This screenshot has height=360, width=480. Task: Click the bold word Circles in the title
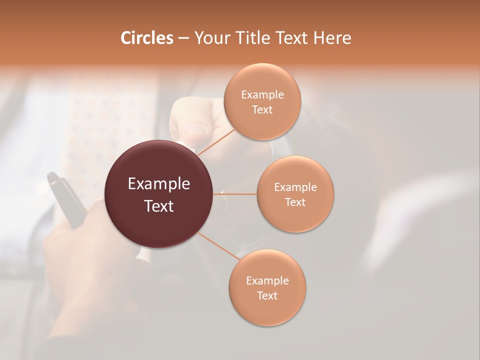click(x=146, y=38)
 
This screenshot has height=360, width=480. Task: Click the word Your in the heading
click(x=212, y=38)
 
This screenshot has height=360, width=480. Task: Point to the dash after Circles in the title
click(x=183, y=38)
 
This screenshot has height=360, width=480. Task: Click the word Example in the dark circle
click(x=159, y=184)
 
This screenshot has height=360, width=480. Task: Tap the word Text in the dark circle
click(x=159, y=206)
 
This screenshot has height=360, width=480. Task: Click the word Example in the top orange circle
click(x=262, y=95)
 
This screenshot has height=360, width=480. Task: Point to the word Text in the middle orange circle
click(x=295, y=202)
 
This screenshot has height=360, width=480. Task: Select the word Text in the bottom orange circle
click(x=267, y=295)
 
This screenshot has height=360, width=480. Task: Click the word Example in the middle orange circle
click(x=295, y=187)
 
